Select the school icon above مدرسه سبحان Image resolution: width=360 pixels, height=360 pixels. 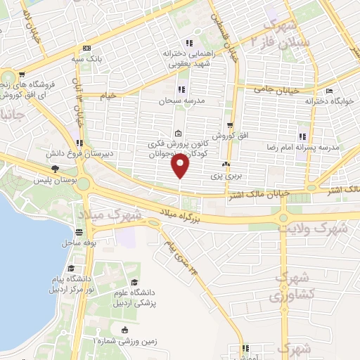coord(181,89)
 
